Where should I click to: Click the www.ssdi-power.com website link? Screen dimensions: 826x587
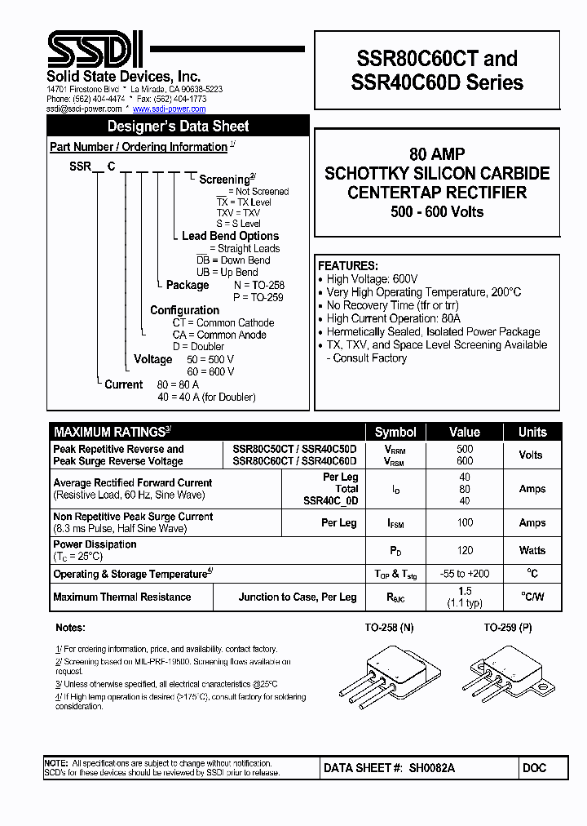tap(169, 109)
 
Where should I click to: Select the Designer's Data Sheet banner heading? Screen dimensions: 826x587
tap(178, 126)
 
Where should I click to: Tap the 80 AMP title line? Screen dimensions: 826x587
tap(437, 154)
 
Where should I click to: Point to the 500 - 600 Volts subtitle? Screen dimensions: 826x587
tap(437, 212)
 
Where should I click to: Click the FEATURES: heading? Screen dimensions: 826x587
tap(347, 266)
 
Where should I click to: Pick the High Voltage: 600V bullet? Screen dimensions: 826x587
tap(372, 279)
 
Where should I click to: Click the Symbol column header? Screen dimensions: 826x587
tap(395, 432)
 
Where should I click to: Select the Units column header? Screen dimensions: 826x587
tap(532, 432)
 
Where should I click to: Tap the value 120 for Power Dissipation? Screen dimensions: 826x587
tap(465, 550)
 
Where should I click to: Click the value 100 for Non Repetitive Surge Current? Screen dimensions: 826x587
tap(465, 522)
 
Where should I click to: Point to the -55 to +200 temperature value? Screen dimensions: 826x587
tap(465, 574)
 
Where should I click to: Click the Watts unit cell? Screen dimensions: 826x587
tap(532, 550)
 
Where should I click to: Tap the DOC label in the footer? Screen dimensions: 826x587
tap(535, 768)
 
